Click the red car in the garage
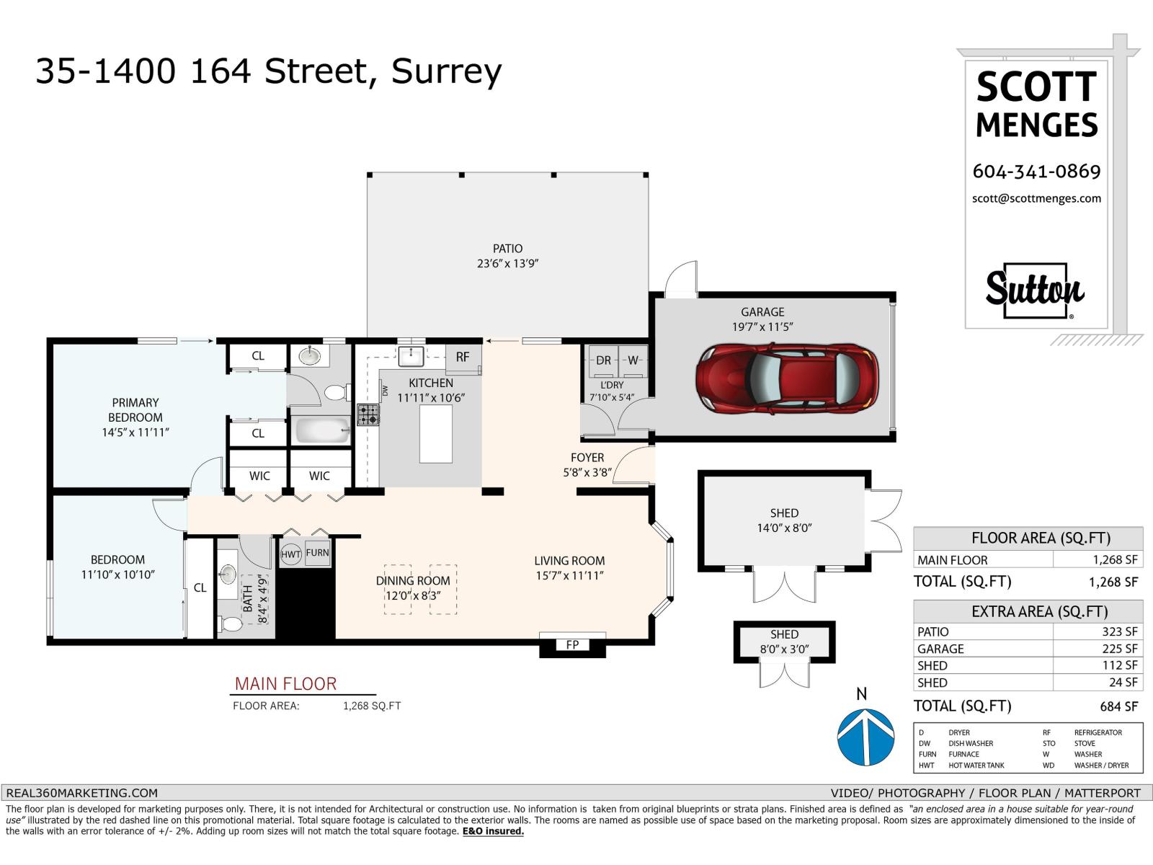pyautogui.click(x=786, y=378)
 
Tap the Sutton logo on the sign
pyautogui.click(x=1035, y=290)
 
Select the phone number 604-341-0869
pyautogui.click(x=1036, y=172)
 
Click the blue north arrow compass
pyautogui.click(x=865, y=736)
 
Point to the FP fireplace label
pyautogui.click(x=573, y=644)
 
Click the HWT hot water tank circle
pyautogui.click(x=290, y=554)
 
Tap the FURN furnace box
pyautogui.click(x=317, y=553)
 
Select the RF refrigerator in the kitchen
pyautogui.click(x=463, y=358)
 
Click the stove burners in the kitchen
pyautogui.click(x=368, y=414)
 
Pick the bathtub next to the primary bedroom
pyautogui.click(x=321, y=430)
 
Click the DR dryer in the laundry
pyautogui.click(x=603, y=361)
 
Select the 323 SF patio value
pyautogui.click(x=1119, y=632)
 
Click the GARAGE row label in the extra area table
pyautogui.click(x=940, y=649)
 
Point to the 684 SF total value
pyautogui.click(x=1118, y=707)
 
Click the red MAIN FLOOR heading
pyautogui.click(x=285, y=684)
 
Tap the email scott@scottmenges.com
pyautogui.click(x=1036, y=198)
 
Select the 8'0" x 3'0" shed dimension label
pyautogui.click(x=784, y=649)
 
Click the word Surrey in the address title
pyautogui.click(x=447, y=73)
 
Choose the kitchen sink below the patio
pyautogui.click(x=411, y=356)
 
